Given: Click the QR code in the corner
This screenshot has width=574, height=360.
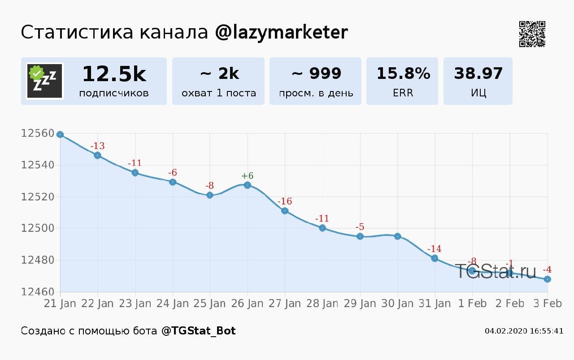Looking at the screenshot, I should pyautogui.click(x=532, y=34).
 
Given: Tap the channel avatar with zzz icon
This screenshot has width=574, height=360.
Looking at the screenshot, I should pyautogui.click(x=45, y=81).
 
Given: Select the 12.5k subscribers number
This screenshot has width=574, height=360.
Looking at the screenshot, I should pyautogui.click(x=114, y=74).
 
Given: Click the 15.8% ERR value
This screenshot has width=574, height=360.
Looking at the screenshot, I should pyautogui.click(x=403, y=73).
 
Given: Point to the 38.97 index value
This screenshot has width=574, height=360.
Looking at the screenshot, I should pyautogui.click(x=478, y=73).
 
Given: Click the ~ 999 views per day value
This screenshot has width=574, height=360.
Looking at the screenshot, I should pyautogui.click(x=316, y=73).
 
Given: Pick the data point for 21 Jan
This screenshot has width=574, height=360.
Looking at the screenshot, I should pyautogui.click(x=60, y=134).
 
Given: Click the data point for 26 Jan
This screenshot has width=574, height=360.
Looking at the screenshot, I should pyautogui.click(x=248, y=185).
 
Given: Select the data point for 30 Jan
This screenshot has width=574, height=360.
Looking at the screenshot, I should pyautogui.click(x=397, y=236).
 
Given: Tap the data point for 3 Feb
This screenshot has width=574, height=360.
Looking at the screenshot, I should pyautogui.click(x=548, y=279).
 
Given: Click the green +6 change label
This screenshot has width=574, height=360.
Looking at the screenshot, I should pyautogui.click(x=248, y=176).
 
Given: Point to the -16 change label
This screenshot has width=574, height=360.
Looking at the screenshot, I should pyautogui.click(x=285, y=201).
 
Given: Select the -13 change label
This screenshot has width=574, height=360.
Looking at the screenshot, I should pyautogui.click(x=97, y=146).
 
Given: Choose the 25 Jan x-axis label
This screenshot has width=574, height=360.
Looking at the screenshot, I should pyautogui.click(x=209, y=304).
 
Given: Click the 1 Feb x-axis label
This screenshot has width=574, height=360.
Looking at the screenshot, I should pyautogui.click(x=472, y=304).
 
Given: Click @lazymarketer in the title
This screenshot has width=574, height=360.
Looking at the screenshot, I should pyautogui.click(x=281, y=33).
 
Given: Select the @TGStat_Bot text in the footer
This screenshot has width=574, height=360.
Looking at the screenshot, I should pyautogui.click(x=198, y=331).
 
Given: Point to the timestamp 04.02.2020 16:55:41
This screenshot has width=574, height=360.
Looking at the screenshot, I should pyautogui.click(x=524, y=331).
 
